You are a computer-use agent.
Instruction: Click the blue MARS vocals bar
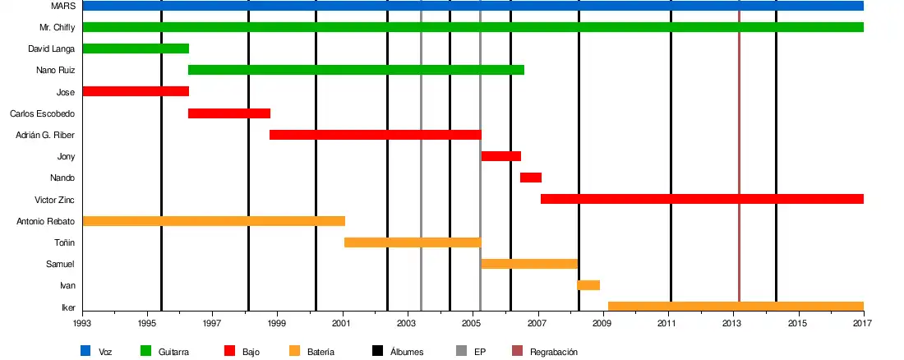473,6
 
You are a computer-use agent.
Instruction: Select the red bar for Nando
531,178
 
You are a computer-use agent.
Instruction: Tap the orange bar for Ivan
588,285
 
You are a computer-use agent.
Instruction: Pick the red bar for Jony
501,156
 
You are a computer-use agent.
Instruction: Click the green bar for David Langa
136,48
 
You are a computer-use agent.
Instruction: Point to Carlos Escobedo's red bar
229,113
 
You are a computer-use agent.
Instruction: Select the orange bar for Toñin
413,242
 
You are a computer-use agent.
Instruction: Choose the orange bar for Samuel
529,264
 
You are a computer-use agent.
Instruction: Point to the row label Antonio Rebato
46,221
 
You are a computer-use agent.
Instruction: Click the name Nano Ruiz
56,70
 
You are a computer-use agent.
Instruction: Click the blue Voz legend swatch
85,352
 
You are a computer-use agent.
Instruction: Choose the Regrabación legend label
554,352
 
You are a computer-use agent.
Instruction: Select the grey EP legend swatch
461,352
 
